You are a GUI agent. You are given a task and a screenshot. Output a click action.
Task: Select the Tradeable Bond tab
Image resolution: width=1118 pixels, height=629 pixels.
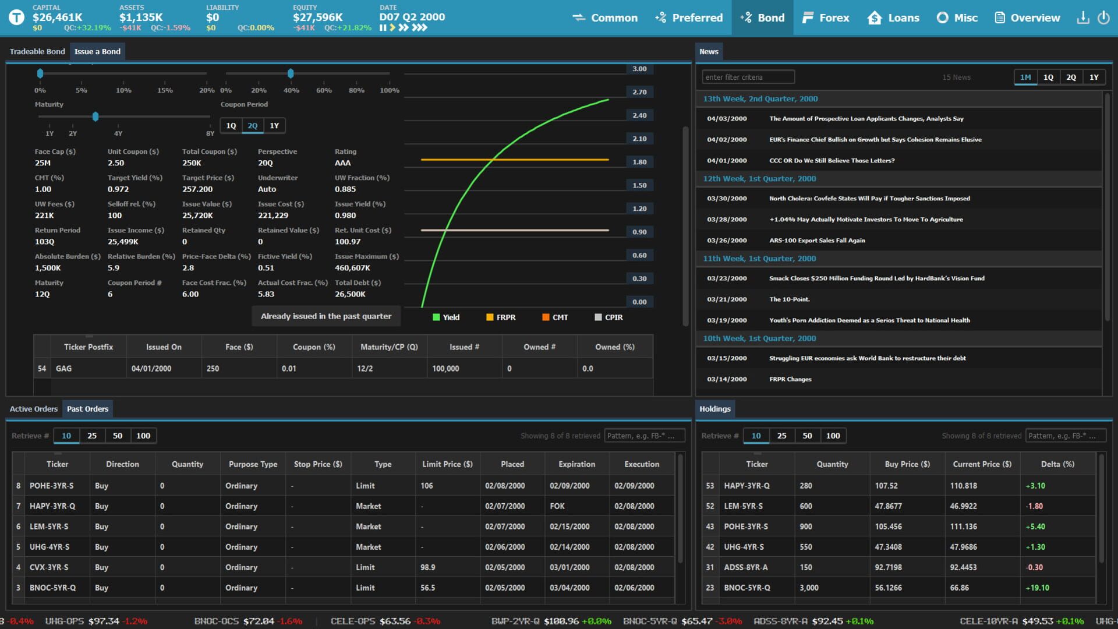pos(37,51)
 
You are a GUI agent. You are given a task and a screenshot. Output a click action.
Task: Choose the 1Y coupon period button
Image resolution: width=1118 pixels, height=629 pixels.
pos(274,126)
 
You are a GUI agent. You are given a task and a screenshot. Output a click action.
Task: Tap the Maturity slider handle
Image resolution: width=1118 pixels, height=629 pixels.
pos(95,116)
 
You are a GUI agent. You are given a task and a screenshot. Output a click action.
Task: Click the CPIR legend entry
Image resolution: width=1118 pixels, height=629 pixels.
pos(608,317)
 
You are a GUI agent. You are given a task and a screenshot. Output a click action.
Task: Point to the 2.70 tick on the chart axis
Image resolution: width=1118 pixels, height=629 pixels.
pos(639,92)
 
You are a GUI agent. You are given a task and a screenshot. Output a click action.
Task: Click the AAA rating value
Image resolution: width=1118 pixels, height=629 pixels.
pos(342,163)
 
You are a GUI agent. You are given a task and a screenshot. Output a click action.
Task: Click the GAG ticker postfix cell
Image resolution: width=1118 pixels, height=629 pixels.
pos(64,369)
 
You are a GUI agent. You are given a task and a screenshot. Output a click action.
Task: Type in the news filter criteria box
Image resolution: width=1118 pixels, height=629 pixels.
pos(748,77)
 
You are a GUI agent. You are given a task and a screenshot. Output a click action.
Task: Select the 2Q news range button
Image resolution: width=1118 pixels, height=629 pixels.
pos(1071,77)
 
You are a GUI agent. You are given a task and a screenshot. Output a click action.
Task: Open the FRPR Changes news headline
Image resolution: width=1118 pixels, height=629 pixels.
pos(790,379)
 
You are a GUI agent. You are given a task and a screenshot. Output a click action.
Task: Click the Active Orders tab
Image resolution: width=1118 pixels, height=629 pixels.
pos(34,409)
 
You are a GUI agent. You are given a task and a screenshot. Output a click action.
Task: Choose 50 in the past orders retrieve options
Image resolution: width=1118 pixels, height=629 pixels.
pos(118,436)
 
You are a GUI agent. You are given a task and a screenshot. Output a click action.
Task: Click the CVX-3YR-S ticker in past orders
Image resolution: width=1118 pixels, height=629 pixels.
pos(49,567)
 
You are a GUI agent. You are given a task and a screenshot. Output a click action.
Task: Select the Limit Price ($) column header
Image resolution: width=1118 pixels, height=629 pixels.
pos(447,464)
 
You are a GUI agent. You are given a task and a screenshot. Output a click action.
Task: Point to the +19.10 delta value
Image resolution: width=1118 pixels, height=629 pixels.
pos(1037,588)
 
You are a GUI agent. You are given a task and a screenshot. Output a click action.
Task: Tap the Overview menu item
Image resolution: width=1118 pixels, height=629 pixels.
pos(1028,17)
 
